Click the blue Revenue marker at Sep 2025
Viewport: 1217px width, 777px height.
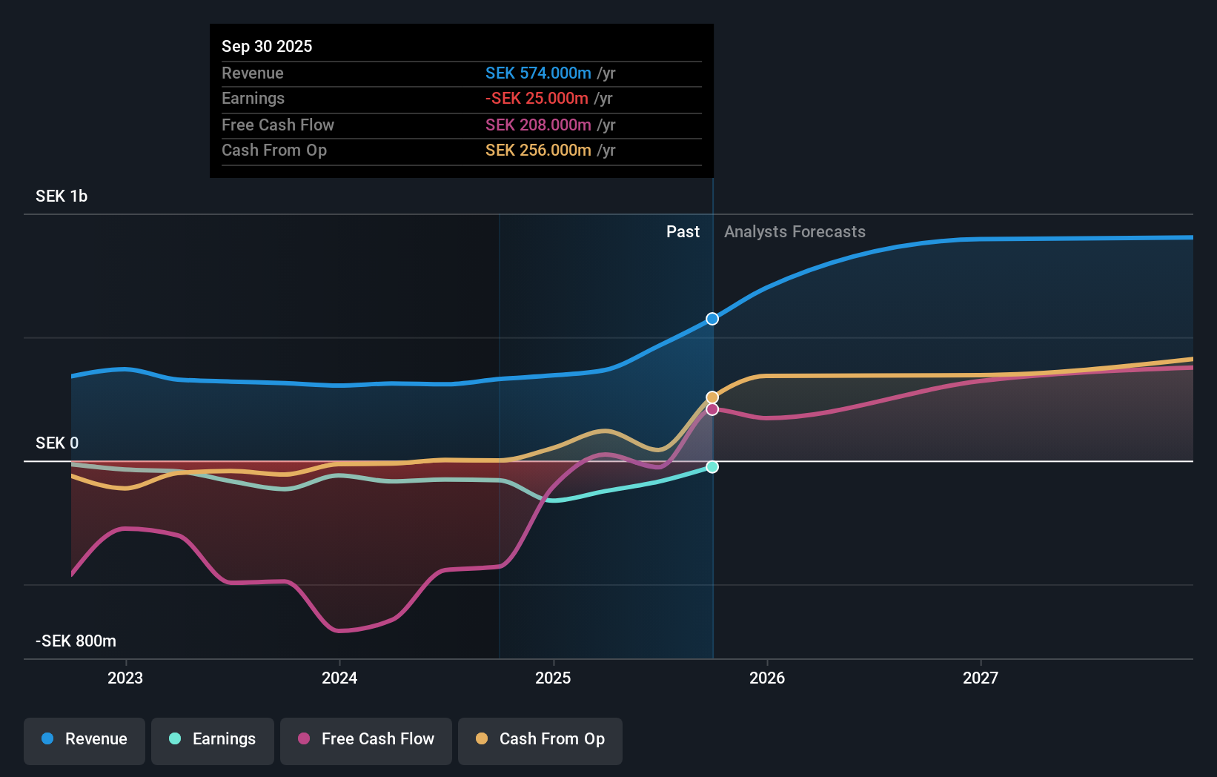pyautogui.click(x=712, y=319)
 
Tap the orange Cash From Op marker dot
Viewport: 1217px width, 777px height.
pyautogui.click(x=712, y=397)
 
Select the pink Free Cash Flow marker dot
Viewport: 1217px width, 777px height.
pyautogui.click(x=712, y=409)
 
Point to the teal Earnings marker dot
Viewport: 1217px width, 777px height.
pyautogui.click(x=712, y=467)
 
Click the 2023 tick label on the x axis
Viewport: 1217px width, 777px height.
pyautogui.click(x=125, y=678)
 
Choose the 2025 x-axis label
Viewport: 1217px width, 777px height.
pyautogui.click(x=553, y=678)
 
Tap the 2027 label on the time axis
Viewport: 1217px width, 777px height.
pyautogui.click(x=980, y=678)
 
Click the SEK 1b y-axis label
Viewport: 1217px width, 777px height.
pyautogui.click(x=62, y=196)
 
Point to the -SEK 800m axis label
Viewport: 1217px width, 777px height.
pyautogui.click(x=76, y=641)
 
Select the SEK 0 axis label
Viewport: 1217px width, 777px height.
pyautogui.click(x=57, y=443)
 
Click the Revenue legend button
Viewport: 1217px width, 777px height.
pyautogui.click(x=84, y=739)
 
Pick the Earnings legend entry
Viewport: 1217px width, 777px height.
pyautogui.click(x=213, y=739)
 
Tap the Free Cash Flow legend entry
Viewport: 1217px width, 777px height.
pyautogui.click(x=366, y=739)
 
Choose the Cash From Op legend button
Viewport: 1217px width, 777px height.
pyautogui.click(x=540, y=739)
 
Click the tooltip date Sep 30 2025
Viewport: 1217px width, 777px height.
pyautogui.click(x=267, y=47)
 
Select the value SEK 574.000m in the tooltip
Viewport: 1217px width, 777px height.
pyautogui.click(x=538, y=73)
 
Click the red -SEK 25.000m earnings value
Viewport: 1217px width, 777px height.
pyautogui.click(x=537, y=99)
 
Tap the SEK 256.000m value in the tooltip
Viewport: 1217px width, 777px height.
pyautogui.click(x=538, y=151)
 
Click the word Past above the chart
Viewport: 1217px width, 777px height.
pyautogui.click(x=683, y=232)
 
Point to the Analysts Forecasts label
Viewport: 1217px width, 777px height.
pyautogui.click(x=795, y=232)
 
